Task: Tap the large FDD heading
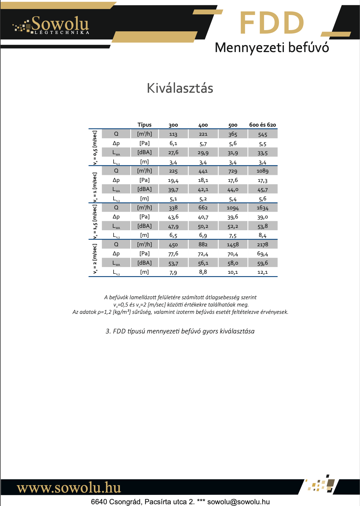[272, 23]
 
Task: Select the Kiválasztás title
[180, 88]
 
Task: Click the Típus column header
[144, 125]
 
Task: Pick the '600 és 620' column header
[263, 125]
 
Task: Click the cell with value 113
[173, 134]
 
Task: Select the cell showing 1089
[263, 171]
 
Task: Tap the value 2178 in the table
[263, 245]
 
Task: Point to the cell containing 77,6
[173, 254]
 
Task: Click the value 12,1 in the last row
[263, 272]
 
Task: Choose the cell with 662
[203, 208]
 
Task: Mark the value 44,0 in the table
[233, 190]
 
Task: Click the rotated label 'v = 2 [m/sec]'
[95, 259]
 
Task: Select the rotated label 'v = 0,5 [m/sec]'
[95, 148]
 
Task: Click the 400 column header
[203, 125]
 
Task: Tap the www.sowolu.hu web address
[69, 488]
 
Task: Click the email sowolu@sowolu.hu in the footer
[239, 502]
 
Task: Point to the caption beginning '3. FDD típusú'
[180, 331]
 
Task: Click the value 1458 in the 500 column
[233, 245]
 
